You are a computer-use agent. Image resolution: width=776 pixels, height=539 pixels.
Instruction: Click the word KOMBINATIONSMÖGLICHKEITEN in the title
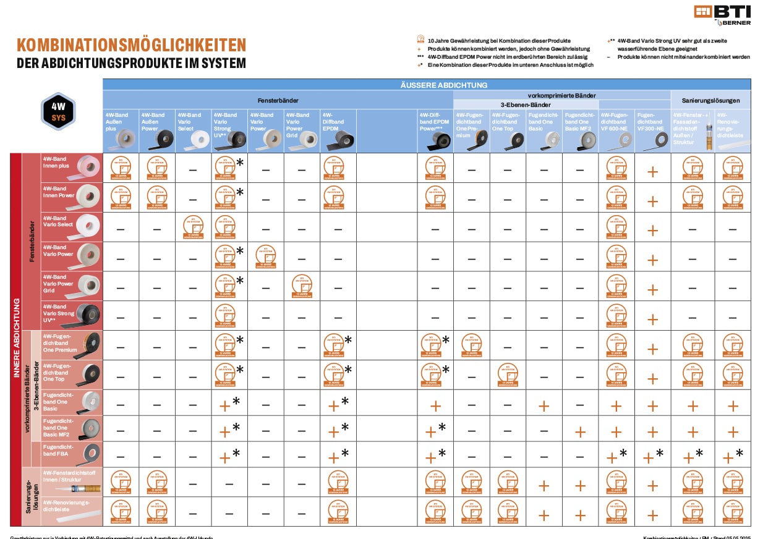click(x=131, y=45)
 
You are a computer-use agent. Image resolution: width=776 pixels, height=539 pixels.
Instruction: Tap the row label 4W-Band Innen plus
click(x=56, y=162)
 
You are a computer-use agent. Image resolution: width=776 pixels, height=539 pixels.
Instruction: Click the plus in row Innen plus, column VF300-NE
click(x=652, y=171)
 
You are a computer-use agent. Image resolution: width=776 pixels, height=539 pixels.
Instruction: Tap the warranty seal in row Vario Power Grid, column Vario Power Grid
click(x=302, y=286)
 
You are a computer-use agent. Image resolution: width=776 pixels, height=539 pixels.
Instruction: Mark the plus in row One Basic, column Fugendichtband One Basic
click(x=544, y=406)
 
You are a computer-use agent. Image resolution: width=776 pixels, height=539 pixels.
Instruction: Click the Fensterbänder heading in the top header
click(x=277, y=99)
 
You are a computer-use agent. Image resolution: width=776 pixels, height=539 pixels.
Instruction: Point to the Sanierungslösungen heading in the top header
click(x=710, y=99)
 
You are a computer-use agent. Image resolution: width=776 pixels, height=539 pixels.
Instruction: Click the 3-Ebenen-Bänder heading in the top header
click(x=526, y=105)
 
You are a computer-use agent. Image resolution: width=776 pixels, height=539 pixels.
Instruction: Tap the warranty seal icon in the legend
click(x=420, y=40)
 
